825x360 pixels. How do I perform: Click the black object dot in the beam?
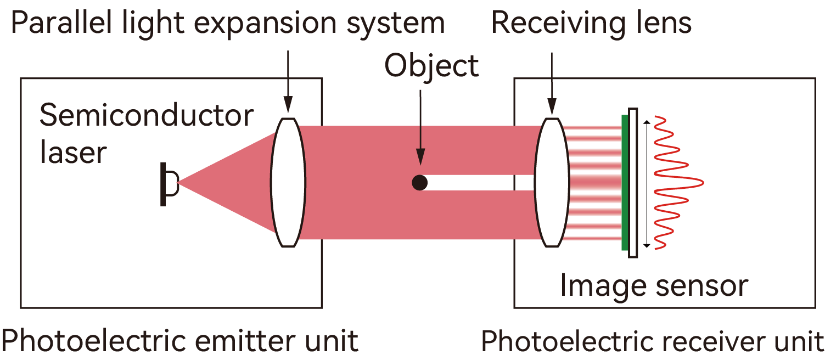(x=419, y=182)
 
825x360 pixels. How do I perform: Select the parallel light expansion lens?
(x=288, y=182)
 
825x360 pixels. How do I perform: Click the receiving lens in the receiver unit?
(x=552, y=182)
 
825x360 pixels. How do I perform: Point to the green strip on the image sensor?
(x=624, y=182)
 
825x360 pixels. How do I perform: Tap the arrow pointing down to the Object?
(x=420, y=126)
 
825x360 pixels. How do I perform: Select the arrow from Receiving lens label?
(x=552, y=82)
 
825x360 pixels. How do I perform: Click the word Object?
(x=431, y=66)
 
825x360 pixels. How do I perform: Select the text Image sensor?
(x=654, y=286)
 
